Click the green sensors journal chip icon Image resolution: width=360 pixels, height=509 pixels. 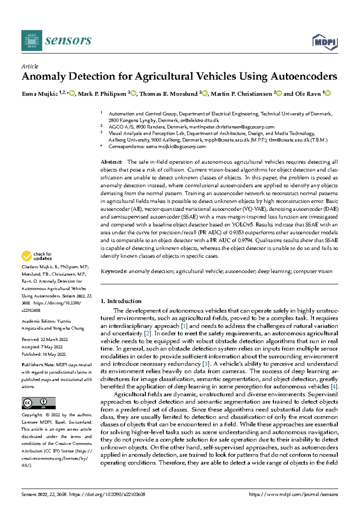coord(31,41)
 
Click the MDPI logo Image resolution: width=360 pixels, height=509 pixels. coord(325,42)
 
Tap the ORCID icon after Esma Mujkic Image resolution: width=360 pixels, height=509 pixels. coord(72,94)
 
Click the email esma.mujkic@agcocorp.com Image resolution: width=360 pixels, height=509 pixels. coord(176,147)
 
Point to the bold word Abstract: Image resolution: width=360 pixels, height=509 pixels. coord(111,162)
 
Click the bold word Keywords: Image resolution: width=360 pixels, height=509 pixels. coord(114,271)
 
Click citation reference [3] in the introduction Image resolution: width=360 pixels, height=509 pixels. coord(206,364)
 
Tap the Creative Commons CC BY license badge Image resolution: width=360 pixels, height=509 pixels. coord(38,403)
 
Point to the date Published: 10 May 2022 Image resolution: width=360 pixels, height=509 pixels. coord(43,354)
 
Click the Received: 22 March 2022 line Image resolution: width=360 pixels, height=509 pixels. coord(44,340)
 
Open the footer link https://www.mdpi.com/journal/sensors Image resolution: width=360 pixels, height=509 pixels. coord(293,495)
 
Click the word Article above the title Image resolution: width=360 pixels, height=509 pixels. coord(30,66)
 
